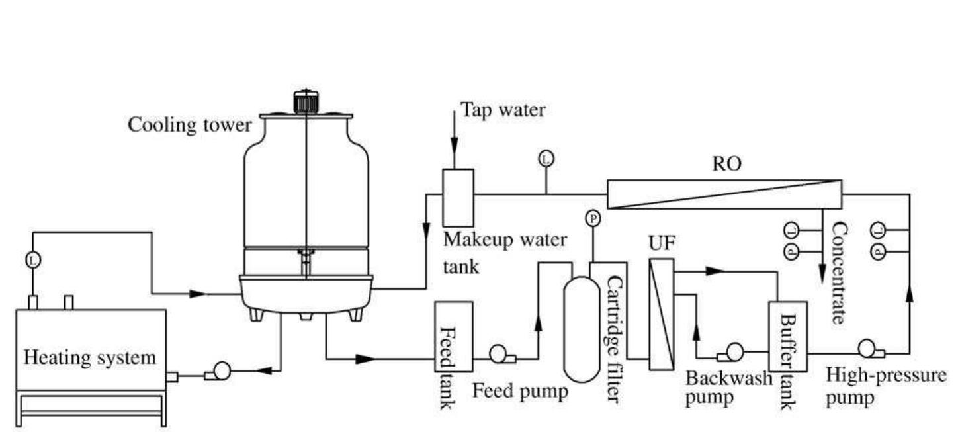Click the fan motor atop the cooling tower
pos(306,102)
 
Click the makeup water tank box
pos(458,197)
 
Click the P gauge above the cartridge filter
pos(592,219)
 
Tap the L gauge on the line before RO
pos(545,159)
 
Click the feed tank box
pos(453,335)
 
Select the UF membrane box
pos(661,314)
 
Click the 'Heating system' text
pos(90,358)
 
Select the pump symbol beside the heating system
pos(220,371)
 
